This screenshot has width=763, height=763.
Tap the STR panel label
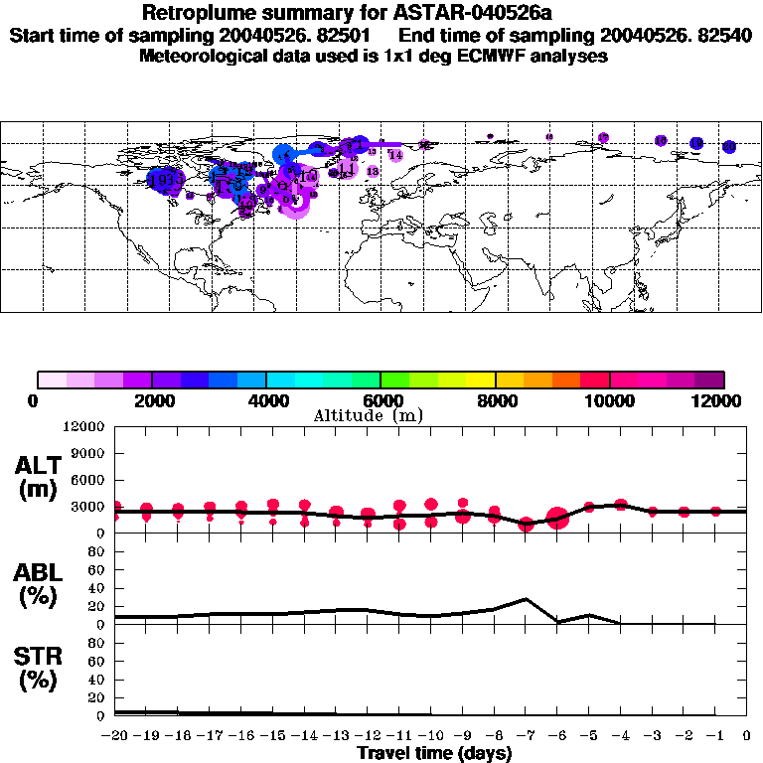tap(39, 669)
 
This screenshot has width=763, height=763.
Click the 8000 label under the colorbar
tap(496, 400)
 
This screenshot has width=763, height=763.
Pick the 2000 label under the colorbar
tap(152, 400)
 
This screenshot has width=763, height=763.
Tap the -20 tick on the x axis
tap(115, 736)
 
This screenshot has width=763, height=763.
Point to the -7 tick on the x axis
tap(526, 736)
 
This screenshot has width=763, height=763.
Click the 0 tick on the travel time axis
tap(747, 736)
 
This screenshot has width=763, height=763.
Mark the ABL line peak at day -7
tap(526, 599)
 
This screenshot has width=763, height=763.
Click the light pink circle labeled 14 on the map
tap(395, 155)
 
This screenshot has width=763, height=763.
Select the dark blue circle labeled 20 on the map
tap(729, 147)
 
